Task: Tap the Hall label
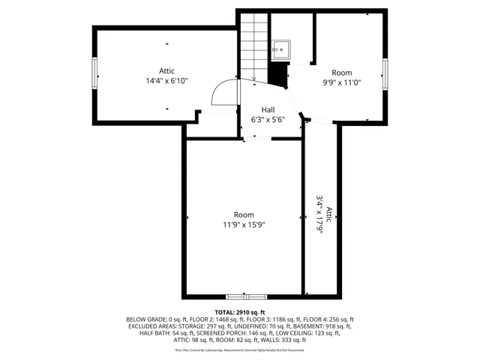point(268,109)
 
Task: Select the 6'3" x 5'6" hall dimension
point(268,119)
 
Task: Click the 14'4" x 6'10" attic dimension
point(166,80)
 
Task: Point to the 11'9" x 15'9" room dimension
point(244,224)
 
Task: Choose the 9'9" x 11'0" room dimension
point(343,83)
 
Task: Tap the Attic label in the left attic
point(166,70)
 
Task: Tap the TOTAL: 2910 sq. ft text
point(240,312)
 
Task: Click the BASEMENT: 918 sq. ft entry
point(327,326)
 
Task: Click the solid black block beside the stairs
point(279,75)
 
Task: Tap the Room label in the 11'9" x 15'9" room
point(244,214)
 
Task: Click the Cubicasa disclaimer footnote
point(240,349)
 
